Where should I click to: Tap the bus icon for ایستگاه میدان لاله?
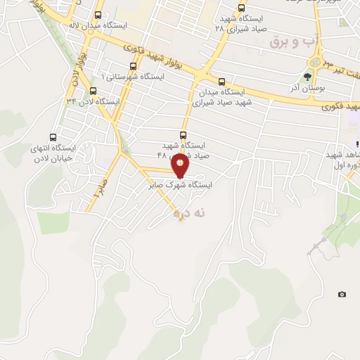pyautogui.click(x=98, y=14)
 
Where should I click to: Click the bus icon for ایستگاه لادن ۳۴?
pyautogui.click(x=93, y=90)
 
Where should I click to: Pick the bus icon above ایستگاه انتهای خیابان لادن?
pyautogui.click(x=53, y=138)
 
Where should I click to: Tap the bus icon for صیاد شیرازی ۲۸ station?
pyautogui.click(x=242, y=8)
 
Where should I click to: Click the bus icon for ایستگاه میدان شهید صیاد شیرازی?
pyautogui.click(x=222, y=82)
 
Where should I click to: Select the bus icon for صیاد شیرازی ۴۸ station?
pyautogui.click(x=184, y=135)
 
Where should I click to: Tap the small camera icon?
pyautogui.click(x=342, y=294)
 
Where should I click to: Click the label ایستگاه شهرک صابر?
pyautogui.click(x=180, y=186)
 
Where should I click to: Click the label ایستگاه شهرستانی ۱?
pyautogui.click(x=133, y=75)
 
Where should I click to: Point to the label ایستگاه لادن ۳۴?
pyautogui.click(x=93, y=101)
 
